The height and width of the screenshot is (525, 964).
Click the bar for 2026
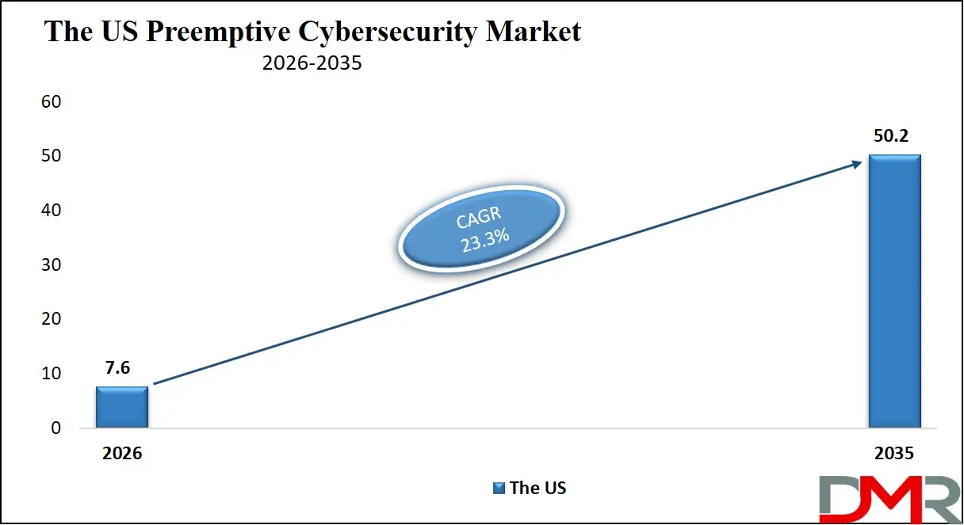pos(122,407)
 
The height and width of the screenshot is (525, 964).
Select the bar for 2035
pos(895,291)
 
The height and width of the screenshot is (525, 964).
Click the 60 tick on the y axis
pos(52,102)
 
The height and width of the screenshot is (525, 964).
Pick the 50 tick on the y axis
pos(52,157)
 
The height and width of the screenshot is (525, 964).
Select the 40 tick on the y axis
pos(52,211)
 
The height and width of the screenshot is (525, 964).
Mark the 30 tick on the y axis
pos(52,265)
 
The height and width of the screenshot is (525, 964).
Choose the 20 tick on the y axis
pos(52,319)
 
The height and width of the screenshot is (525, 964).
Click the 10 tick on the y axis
pos(52,374)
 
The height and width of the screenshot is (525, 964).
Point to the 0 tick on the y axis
pos(55,428)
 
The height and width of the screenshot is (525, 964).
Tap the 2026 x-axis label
pos(122,454)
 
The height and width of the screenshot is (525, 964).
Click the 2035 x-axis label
pos(895,454)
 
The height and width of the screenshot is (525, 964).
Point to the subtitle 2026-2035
pos(312,63)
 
